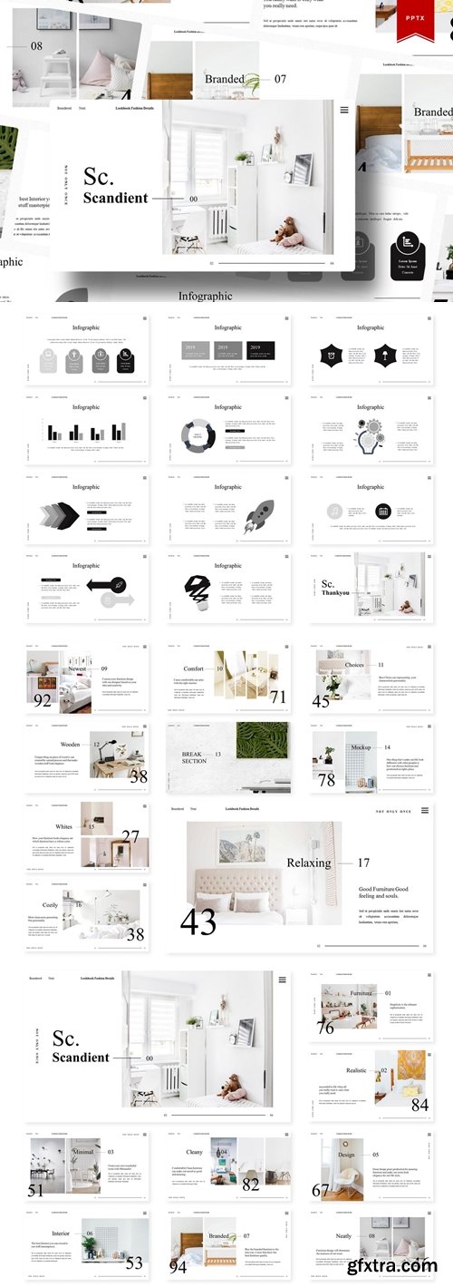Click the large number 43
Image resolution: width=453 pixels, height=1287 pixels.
pos(198,921)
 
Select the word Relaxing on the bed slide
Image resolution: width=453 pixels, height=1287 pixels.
pos(309,863)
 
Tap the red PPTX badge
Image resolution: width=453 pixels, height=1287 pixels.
pos(421,21)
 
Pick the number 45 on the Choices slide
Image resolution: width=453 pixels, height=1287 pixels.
pos(322,700)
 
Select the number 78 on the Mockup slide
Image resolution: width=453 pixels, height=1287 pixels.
pos(326,780)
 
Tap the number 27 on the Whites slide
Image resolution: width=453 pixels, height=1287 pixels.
pos(131,836)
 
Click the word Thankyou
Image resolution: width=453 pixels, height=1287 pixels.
pos(337,593)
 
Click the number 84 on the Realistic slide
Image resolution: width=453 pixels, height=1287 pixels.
pos(419,1105)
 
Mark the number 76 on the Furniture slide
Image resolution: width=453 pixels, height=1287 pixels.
pos(325,1028)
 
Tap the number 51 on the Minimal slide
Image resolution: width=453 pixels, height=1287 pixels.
pos(35,1191)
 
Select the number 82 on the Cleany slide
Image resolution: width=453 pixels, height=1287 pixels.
pos(251,1184)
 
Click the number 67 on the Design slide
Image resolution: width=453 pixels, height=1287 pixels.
pos(321,1190)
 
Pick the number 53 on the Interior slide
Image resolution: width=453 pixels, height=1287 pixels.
pos(134,1263)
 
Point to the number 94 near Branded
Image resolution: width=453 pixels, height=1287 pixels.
pos(178,1266)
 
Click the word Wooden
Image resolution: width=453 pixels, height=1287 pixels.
pos(70,745)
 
